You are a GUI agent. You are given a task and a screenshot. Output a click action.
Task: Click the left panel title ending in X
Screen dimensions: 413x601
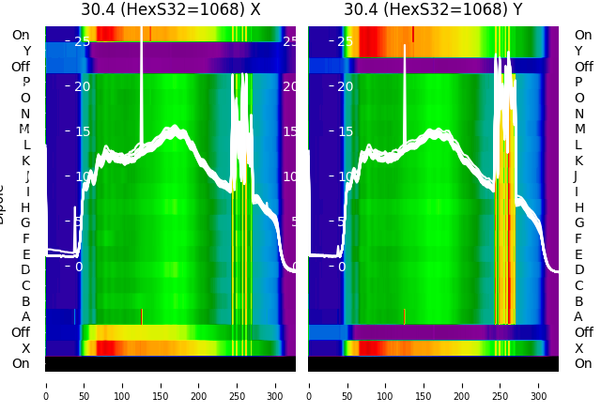pyautogui.click(x=170, y=10)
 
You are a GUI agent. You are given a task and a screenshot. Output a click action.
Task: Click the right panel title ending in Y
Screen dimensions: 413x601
pyautogui.click(x=433, y=10)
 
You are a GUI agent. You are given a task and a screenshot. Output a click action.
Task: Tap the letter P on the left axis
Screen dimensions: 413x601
pyautogui.click(x=25, y=83)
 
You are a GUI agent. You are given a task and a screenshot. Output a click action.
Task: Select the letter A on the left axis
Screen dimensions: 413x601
pyautogui.click(x=25, y=316)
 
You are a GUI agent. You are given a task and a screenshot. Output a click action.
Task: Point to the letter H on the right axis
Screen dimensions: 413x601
pyautogui.click(x=578, y=207)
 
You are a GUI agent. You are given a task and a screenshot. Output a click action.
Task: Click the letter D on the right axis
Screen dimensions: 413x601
pyautogui.click(x=578, y=270)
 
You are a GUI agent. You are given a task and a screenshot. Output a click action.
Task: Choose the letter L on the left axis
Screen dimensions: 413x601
pyautogui.click(x=25, y=145)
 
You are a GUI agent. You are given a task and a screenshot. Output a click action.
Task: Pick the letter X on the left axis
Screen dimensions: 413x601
pyautogui.click(x=25, y=348)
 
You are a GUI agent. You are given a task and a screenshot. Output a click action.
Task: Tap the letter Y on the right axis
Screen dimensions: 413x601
pyautogui.click(x=578, y=52)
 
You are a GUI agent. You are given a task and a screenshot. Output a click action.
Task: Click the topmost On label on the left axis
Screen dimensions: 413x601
pyautogui.click(x=21, y=36)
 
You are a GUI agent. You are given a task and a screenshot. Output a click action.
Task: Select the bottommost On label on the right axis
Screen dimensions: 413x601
pyautogui.click(x=583, y=363)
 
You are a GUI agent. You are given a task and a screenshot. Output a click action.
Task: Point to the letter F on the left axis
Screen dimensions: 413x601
pyautogui.click(x=25, y=238)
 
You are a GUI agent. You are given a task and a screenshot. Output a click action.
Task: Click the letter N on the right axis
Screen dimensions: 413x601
pyautogui.click(x=578, y=114)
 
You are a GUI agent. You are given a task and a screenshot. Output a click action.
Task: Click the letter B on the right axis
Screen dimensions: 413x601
pyautogui.click(x=578, y=301)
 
